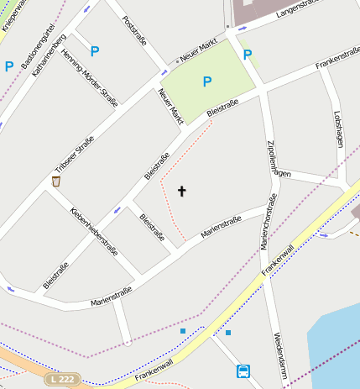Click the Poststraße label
point(134,31)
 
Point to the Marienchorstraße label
point(268,222)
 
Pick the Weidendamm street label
point(279,354)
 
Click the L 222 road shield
point(62,380)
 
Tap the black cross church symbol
point(181,192)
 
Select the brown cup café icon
point(55,181)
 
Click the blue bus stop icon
point(243,371)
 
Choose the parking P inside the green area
point(206,81)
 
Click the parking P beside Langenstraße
point(247,55)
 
